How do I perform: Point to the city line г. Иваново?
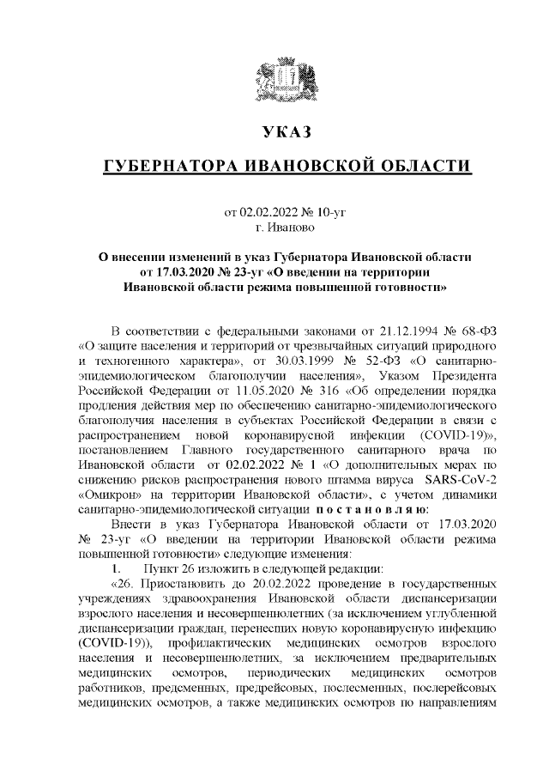click(286, 227)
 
